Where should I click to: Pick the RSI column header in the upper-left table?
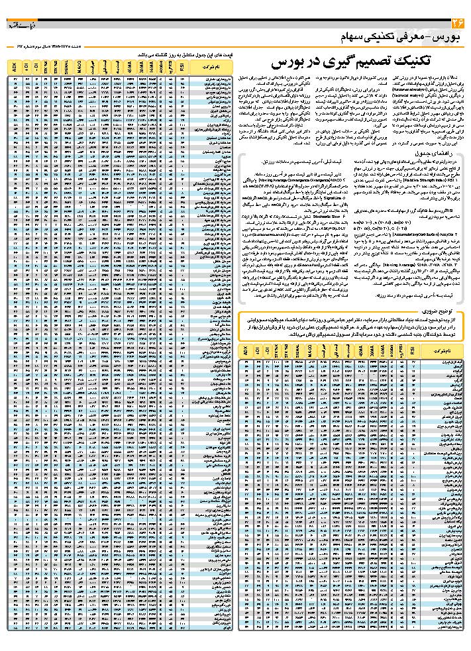click(182, 67)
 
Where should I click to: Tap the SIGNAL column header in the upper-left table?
click(68, 67)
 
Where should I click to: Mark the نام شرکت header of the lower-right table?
click(442, 351)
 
